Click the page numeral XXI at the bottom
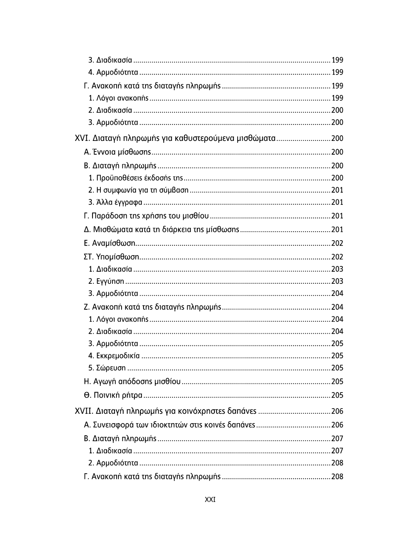click(210, 500)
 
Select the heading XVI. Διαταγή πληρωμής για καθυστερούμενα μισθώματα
click(175, 138)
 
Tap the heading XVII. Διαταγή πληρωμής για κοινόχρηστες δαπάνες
click(165, 411)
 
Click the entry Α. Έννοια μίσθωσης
click(117, 152)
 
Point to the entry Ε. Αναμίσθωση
click(109, 243)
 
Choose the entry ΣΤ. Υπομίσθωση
click(111, 257)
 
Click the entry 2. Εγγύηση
click(106, 281)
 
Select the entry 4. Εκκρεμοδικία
click(114, 356)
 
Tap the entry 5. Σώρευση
click(107, 368)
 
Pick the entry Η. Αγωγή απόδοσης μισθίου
click(132, 381)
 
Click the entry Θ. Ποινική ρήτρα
click(113, 395)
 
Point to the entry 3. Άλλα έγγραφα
click(115, 202)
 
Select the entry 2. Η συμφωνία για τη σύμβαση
click(138, 190)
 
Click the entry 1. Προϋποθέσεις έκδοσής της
click(136, 178)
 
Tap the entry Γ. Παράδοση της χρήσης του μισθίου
click(146, 215)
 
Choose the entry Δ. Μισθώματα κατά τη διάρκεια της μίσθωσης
click(162, 229)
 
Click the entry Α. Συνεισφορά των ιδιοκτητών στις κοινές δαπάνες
click(169, 425)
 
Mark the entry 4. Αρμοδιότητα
click(113, 72)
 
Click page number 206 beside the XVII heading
click(337, 411)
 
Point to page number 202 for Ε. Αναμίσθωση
click(337, 243)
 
